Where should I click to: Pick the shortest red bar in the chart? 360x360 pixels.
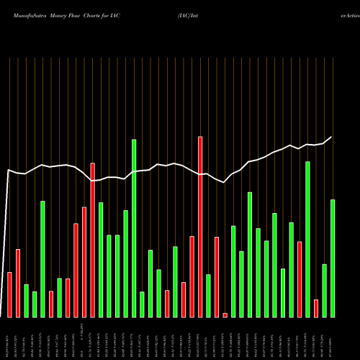click(x=225, y=315)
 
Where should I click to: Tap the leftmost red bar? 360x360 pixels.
click(x=9, y=294)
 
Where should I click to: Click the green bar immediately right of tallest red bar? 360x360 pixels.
click(x=208, y=295)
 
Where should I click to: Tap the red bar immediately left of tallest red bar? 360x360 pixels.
click(x=192, y=276)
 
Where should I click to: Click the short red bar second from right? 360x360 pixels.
click(x=316, y=308)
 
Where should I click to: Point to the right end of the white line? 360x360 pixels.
click(x=332, y=137)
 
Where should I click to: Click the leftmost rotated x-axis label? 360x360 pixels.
click(x=9, y=338)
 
